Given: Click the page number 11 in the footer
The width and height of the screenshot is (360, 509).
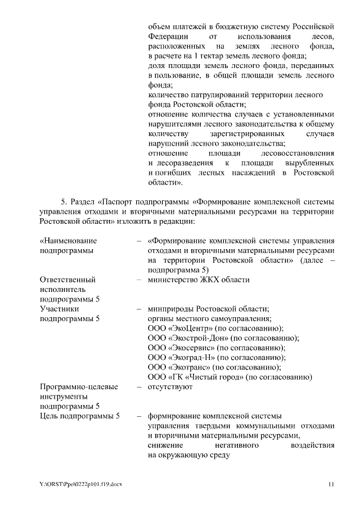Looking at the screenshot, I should pos(331,484).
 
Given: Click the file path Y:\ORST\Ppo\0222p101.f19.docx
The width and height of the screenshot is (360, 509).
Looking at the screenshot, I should pos(80,484).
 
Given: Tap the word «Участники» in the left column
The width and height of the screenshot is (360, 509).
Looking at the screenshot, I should pos(59,309).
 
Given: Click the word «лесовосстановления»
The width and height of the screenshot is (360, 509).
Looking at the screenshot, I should pos(298,153).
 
